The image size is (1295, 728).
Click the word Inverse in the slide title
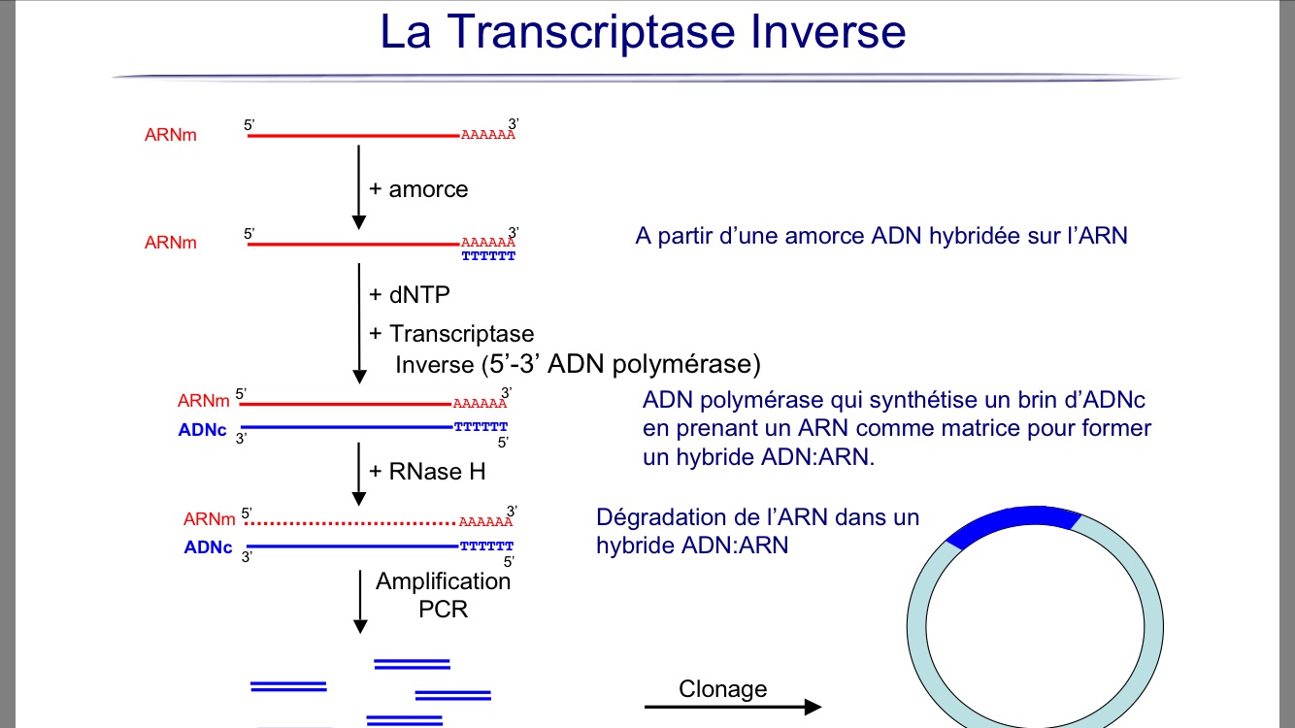coord(828,31)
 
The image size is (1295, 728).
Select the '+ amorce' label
coord(418,189)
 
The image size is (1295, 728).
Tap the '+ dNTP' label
coord(410,295)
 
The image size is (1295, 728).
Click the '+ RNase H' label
coord(427,472)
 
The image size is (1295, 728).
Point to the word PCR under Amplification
coord(443,609)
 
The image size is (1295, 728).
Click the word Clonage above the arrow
coord(722,688)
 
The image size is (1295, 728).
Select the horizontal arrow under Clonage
coord(733,707)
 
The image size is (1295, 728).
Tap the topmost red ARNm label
coord(171,135)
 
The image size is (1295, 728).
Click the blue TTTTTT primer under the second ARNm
coord(488,255)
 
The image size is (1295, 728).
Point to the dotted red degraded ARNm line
coord(350,523)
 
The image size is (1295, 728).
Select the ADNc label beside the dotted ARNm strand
coord(208,547)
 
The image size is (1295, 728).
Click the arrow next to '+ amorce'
coord(358,187)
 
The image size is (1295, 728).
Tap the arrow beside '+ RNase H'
coord(358,474)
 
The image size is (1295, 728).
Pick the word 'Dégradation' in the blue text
coord(660,517)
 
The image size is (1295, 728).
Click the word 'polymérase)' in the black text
coord(686,365)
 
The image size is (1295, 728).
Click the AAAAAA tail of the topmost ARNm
coord(488,135)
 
